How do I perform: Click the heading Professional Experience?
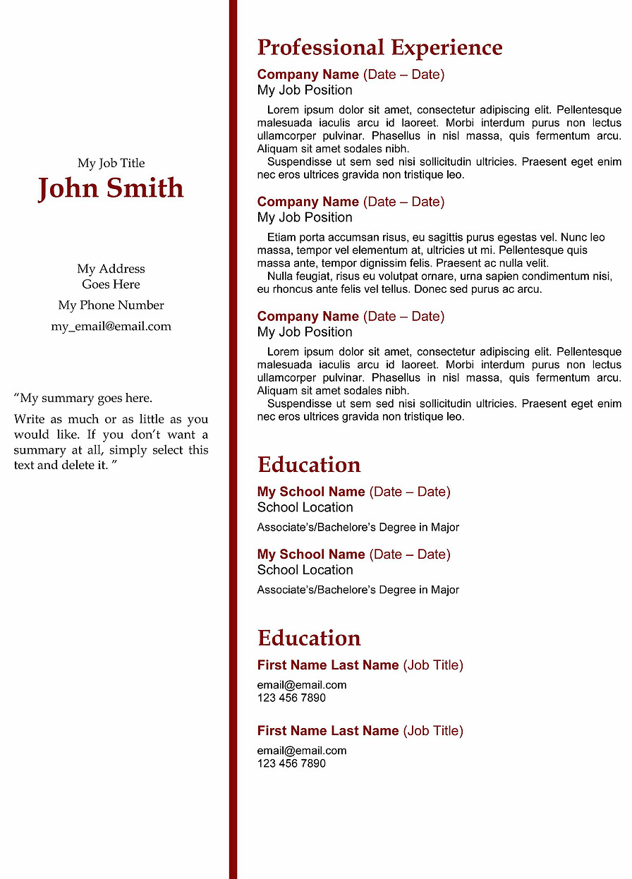pos(379,48)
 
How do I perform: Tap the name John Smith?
pos(111,188)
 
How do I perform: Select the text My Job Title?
pos(111,164)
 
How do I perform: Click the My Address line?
pos(111,269)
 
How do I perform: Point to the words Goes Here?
pos(111,284)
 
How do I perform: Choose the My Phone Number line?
pos(111,305)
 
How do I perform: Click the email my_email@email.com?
pos(111,327)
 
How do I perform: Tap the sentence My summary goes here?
pos(85,398)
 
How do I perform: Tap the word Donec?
pos(430,289)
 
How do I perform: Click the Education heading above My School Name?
pos(309,465)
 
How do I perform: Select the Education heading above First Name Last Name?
pos(309,638)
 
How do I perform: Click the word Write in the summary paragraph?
pos(29,420)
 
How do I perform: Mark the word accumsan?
pos(341,238)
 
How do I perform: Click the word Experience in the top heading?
pos(446,48)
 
